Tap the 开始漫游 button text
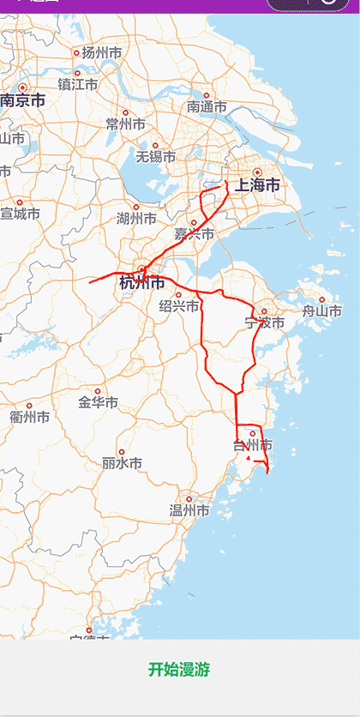(x=179, y=670)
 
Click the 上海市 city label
(x=257, y=186)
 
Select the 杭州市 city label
(x=142, y=283)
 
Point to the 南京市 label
(x=22, y=100)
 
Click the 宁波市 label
(x=263, y=323)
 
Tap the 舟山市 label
(x=321, y=311)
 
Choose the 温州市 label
(x=189, y=511)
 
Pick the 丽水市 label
(x=121, y=463)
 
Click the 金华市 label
(x=98, y=402)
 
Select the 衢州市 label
(x=29, y=417)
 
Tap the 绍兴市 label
(x=179, y=306)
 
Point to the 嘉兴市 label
(x=194, y=234)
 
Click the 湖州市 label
(x=135, y=218)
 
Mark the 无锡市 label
(x=155, y=157)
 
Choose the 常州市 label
(x=125, y=124)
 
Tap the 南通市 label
(x=207, y=107)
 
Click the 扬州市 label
(x=101, y=53)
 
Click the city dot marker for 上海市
(x=257, y=172)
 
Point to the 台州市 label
(x=253, y=445)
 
